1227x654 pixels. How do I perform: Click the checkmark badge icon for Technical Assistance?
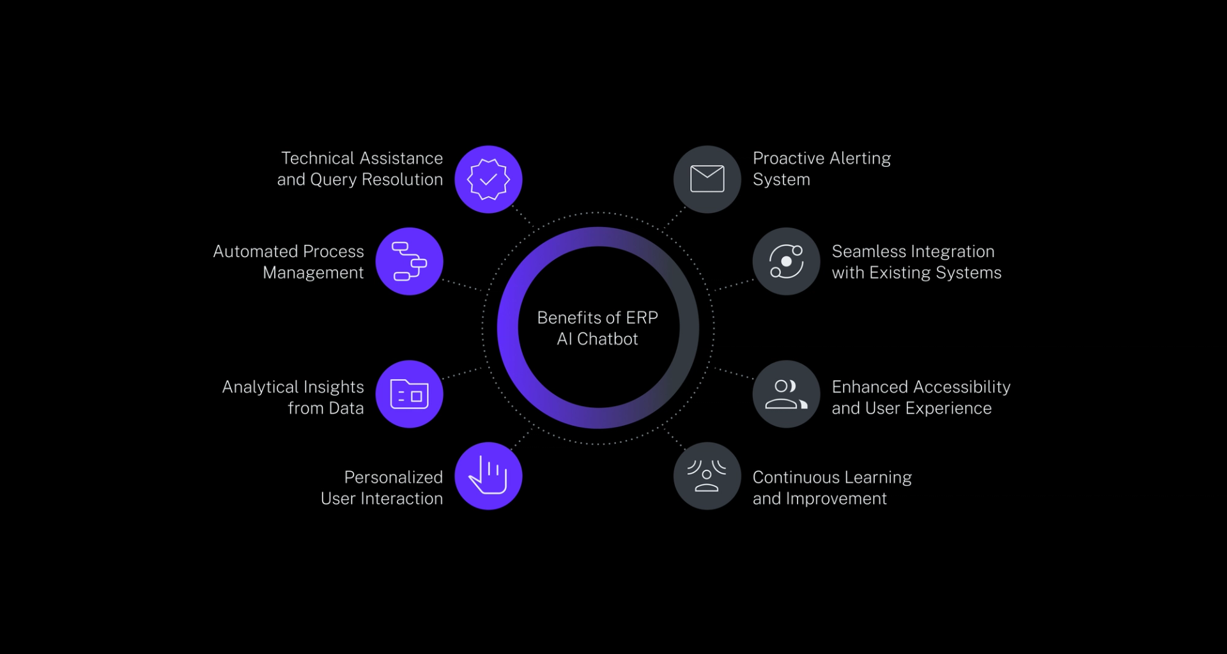click(x=488, y=180)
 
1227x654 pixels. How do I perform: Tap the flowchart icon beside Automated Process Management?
click(x=409, y=261)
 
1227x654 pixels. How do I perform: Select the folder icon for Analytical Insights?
click(x=409, y=394)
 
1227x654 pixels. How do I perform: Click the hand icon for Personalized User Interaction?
click(x=488, y=476)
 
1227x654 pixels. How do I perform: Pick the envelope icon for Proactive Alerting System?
click(x=707, y=179)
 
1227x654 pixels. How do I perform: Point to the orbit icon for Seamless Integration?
click(x=786, y=261)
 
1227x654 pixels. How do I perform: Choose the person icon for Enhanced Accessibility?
click(x=786, y=394)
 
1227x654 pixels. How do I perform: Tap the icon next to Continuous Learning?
click(x=707, y=476)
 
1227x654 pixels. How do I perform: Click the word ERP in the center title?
click(x=642, y=318)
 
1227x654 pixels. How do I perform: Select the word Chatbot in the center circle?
click(x=607, y=339)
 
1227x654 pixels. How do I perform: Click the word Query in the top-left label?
click(x=333, y=180)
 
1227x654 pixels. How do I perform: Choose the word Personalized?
click(x=393, y=477)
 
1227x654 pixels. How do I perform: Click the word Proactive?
click(x=787, y=158)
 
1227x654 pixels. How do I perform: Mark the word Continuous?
click(x=796, y=477)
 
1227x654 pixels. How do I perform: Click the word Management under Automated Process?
click(x=313, y=273)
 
